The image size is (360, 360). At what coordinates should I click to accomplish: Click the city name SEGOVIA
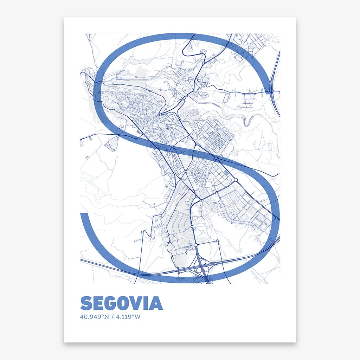pyautogui.click(x=122, y=303)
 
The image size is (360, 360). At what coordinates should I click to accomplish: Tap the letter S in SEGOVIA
pyautogui.click(x=86, y=303)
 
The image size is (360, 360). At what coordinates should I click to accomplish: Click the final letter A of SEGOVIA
pyautogui.click(x=156, y=303)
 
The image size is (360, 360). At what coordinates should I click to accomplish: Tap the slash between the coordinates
pyautogui.click(x=112, y=317)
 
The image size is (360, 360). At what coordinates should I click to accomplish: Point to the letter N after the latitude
pyautogui.click(x=107, y=317)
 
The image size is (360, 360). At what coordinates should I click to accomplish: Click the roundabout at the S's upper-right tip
pyautogui.click(x=271, y=91)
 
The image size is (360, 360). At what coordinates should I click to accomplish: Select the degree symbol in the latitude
pyautogui.click(x=103, y=315)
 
